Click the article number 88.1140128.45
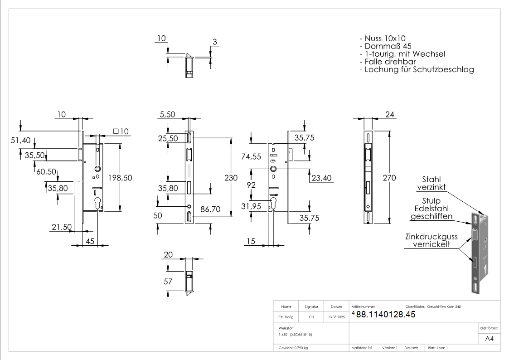pyautogui.click(x=386, y=315)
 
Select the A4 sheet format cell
pyautogui.click(x=489, y=338)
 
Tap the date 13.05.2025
pyautogui.click(x=336, y=317)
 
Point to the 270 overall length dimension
pyautogui.click(x=389, y=178)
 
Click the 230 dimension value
pyautogui.click(x=231, y=178)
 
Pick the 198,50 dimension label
pyautogui.click(x=119, y=178)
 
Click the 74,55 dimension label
pyautogui.click(x=251, y=157)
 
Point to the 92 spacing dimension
pyautogui.click(x=251, y=185)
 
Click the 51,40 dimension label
pyautogui.click(x=21, y=141)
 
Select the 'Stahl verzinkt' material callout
pyautogui.click(x=431, y=183)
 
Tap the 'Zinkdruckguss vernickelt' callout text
pyautogui.click(x=431, y=240)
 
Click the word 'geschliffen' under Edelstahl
pyautogui.click(x=431, y=216)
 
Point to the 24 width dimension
pyautogui.click(x=389, y=115)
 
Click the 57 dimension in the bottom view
pyautogui.click(x=168, y=282)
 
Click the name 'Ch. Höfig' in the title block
pyautogui.click(x=286, y=317)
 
